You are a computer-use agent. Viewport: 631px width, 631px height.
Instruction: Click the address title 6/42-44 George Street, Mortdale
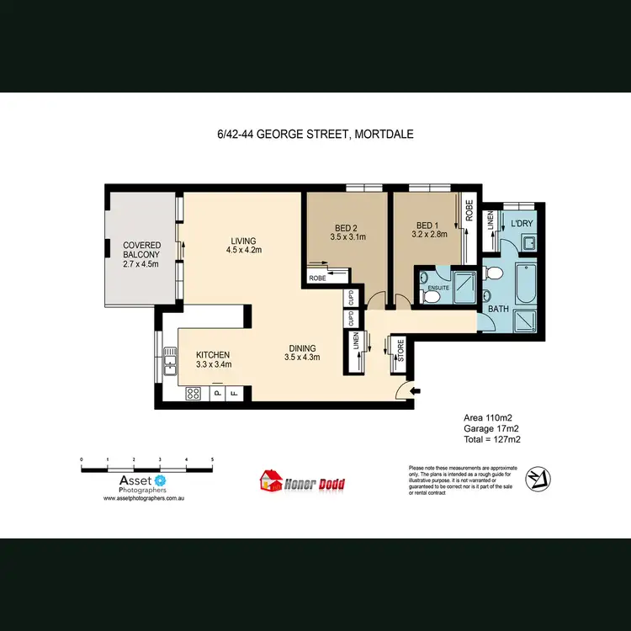tap(315, 133)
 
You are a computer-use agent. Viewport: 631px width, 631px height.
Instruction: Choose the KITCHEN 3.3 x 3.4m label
tap(213, 359)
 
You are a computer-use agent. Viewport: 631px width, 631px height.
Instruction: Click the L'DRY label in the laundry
tap(522, 225)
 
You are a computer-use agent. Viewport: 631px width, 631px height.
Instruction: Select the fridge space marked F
tap(235, 392)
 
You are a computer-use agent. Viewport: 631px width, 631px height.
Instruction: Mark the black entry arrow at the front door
tap(414, 390)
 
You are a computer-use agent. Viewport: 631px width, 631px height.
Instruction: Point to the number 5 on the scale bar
tap(212, 459)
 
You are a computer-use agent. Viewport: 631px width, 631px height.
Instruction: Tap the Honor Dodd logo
tap(300, 482)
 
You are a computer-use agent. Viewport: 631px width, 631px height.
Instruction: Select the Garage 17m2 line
tap(492, 428)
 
